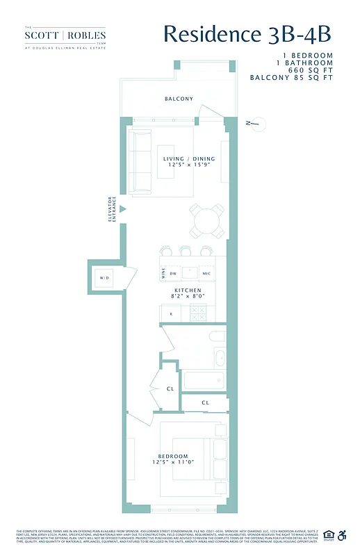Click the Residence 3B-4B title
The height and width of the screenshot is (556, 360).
tap(247, 34)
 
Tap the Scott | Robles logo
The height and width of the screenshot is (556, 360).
tap(65, 35)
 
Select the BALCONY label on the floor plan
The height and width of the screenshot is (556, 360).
tap(179, 99)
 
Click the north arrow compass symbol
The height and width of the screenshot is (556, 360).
tap(254, 123)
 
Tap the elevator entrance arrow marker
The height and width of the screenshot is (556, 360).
tap(123, 208)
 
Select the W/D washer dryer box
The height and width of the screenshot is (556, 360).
tap(104, 279)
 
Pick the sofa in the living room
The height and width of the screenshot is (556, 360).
tap(142, 162)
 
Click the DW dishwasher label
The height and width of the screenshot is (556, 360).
tap(173, 272)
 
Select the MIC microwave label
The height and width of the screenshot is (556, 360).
tap(206, 272)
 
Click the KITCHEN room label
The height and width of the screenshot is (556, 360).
tap(188, 290)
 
